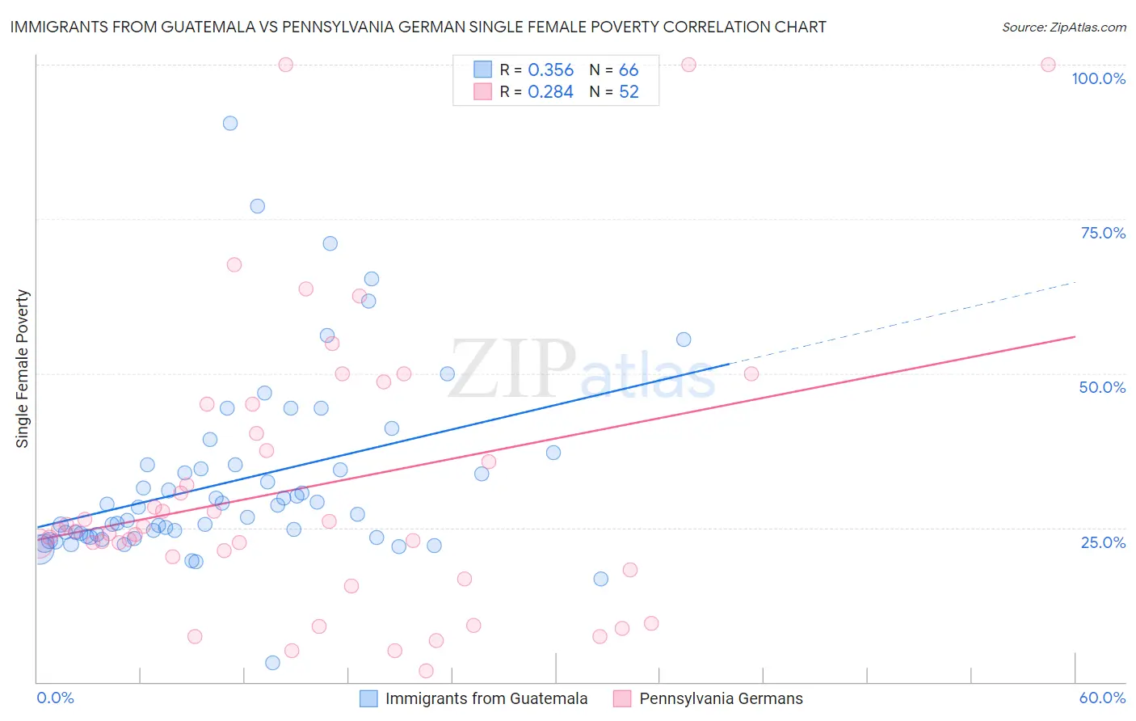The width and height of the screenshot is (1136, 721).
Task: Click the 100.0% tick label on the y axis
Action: point(1098,78)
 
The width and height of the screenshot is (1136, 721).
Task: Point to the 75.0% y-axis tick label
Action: point(1103,233)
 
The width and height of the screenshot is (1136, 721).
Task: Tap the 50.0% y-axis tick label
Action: point(1102,387)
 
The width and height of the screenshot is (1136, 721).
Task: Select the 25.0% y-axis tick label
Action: point(1103,542)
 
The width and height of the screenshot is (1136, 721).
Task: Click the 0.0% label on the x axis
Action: point(55,698)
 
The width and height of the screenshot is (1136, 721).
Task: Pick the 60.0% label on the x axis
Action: point(1102,698)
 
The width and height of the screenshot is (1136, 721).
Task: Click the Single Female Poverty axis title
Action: point(23,369)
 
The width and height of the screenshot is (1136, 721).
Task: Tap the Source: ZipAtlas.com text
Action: point(1063,27)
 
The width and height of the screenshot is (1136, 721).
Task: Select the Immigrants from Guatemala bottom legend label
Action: point(486,698)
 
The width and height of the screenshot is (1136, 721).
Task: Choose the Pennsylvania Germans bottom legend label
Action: point(721,698)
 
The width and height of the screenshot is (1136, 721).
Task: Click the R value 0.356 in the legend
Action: point(550,70)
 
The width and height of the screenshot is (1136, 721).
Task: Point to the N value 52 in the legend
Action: point(629,92)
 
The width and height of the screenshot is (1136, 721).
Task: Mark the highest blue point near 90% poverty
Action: point(230,124)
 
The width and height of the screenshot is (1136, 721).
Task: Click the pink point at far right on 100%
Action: point(1048,65)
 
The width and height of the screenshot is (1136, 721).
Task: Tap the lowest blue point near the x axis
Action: point(272,663)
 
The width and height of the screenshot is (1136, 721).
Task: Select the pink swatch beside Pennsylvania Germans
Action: point(622,698)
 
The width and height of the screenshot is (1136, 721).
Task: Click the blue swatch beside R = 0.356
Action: point(482,70)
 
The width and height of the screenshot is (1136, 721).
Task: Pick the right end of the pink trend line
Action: point(1075,336)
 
